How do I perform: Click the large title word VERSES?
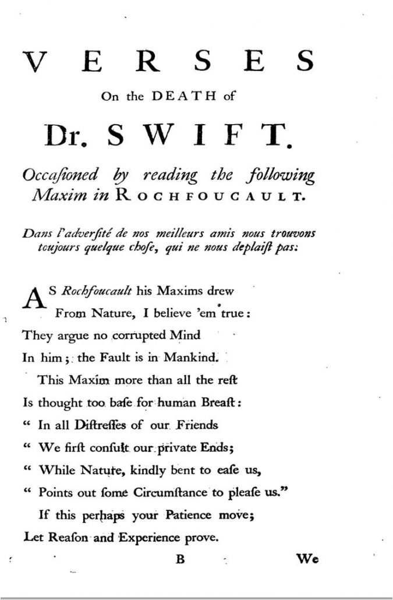click(x=169, y=60)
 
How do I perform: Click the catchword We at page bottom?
click(x=307, y=560)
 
